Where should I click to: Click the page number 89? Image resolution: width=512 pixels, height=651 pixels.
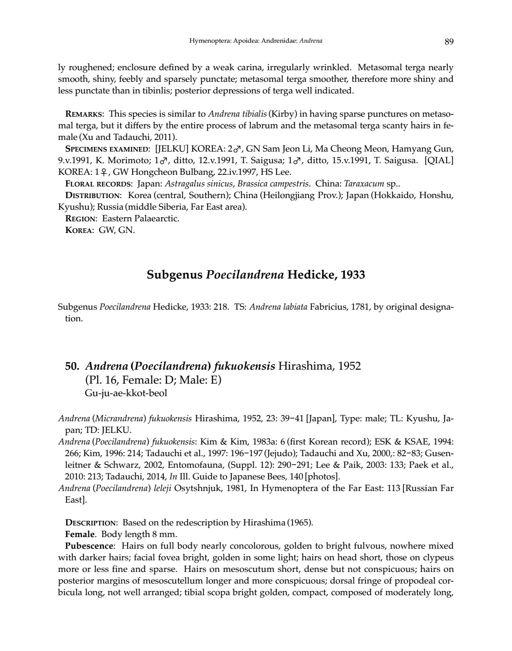pos(449,42)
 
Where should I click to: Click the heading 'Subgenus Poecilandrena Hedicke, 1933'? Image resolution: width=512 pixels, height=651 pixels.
pos(256,275)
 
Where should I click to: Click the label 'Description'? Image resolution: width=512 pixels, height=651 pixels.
pos(91,523)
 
